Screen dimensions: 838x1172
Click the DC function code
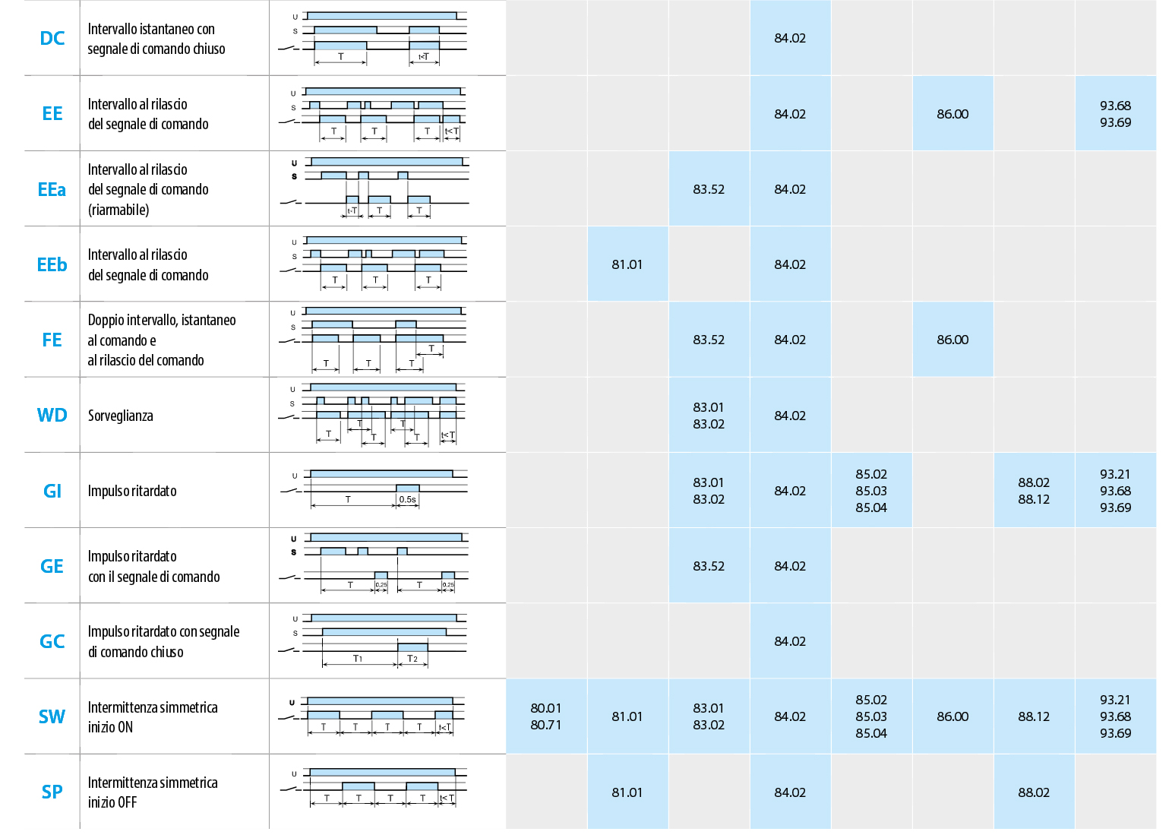[52, 38]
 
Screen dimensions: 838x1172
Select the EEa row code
[52, 189]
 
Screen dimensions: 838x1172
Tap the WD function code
[52, 416]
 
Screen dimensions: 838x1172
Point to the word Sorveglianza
[120, 416]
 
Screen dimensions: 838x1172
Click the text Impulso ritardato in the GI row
[132, 491]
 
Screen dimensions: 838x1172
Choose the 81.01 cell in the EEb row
[627, 264]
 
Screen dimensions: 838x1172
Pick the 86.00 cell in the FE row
[952, 340]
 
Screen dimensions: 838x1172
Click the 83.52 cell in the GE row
[708, 566]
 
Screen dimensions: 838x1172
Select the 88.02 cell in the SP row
[1034, 792]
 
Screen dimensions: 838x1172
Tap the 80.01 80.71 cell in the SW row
[545, 716]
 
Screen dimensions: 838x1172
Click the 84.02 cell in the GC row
[790, 641]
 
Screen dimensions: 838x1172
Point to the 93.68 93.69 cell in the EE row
[1115, 114]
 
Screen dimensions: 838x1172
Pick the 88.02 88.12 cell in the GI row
[1034, 491]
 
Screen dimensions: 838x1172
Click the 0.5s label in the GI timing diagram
[407, 500]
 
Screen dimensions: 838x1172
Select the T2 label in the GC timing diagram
[412, 659]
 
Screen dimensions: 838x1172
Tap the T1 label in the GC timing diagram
[358, 659]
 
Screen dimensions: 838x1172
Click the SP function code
[52, 792]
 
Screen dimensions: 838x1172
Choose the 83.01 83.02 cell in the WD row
[708, 416]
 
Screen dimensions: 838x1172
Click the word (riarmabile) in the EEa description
[118, 210]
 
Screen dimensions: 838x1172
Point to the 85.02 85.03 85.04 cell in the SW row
[871, 716]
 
